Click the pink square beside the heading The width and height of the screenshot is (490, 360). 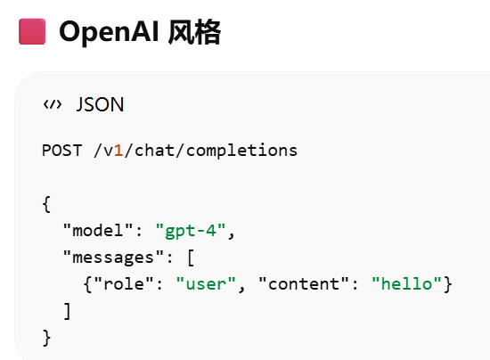click(x=32, y=31)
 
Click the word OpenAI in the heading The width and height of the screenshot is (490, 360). click(x=109, y=32)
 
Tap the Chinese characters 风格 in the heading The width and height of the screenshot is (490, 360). click(x=194, y=32)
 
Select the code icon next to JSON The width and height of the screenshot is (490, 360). click(x=53, y=104)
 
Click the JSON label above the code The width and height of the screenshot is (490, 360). click(x=101, y=104)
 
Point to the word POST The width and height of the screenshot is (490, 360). click(x=62, y=151)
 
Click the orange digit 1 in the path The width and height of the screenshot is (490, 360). click(x=118, y=151)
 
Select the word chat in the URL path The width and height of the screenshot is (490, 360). click(x=154, y=151)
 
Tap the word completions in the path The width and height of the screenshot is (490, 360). click(x=241, y=151)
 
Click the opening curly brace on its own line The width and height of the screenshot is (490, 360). click(x=46, y=204)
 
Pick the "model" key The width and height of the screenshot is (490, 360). click(x=98, y=230)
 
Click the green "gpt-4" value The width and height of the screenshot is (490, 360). click(x=191, y=231)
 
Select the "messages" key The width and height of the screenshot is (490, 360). click(x=113, y=258)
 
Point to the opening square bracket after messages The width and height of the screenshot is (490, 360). click(x=191, y=258)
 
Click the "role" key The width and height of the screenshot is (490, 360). click(x=124, y=284)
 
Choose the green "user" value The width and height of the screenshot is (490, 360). click(x=206, y=284)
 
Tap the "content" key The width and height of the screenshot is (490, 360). click(x=304, y=284)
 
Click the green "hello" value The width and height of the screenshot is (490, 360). click(x=406, y=284)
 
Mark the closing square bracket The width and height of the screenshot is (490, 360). click(x=67, y=311)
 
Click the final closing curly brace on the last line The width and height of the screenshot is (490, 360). click(x=46, y=338)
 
